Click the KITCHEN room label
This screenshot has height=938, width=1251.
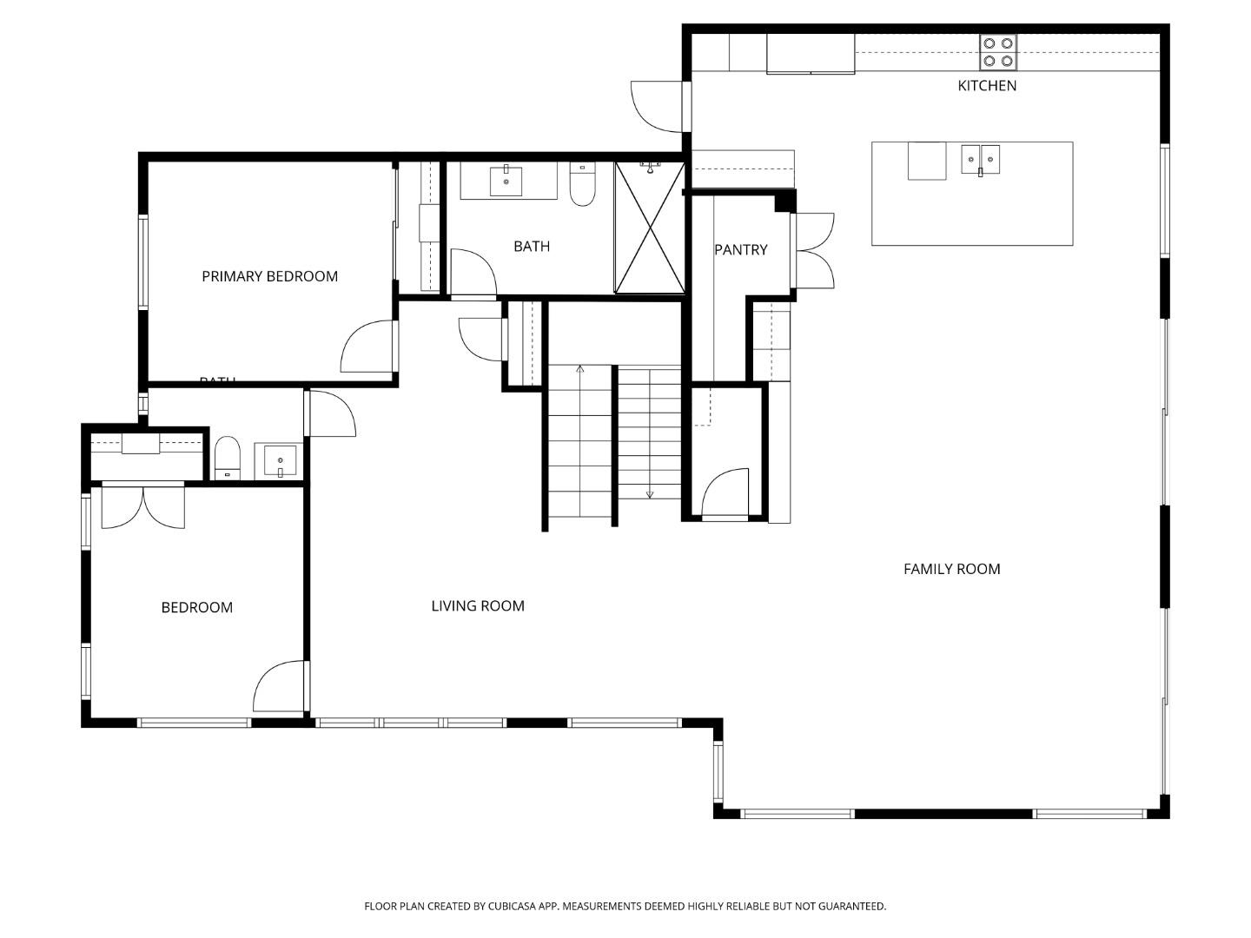pyautogui.click(x=986, y=85)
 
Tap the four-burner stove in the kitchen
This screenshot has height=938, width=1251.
pyautogui.click(x=997, y=52)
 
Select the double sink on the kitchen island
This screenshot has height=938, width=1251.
pyautogui.click(x=980, y=160)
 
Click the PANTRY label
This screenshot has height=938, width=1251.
pyautogui.click(x=740, y=249)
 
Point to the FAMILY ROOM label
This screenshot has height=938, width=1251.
pyautogui.click(x=951, y=569)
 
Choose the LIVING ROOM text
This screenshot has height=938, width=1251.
pyautogui.click(x=478, y=605)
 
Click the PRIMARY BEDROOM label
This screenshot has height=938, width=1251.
pyautogui.click(x=269, y=276)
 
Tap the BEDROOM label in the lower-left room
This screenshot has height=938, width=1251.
pyautogui.click(x=197, y=607)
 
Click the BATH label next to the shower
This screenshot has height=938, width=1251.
pyautogui.click(x=532, y=246)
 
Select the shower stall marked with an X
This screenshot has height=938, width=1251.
pyautogui.click(x=650, y=227)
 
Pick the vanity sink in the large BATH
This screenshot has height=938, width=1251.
pyautogui.click(x=506, y=181)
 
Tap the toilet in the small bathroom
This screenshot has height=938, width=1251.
pyautogui.click(x=227, y=457)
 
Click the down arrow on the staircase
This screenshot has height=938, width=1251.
pyautogui.click(x=650, y=493)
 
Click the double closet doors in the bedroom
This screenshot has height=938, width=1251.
pyautogui.click(x=143, y=507)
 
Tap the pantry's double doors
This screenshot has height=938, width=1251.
pyautogui.click(x=814, y=251)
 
